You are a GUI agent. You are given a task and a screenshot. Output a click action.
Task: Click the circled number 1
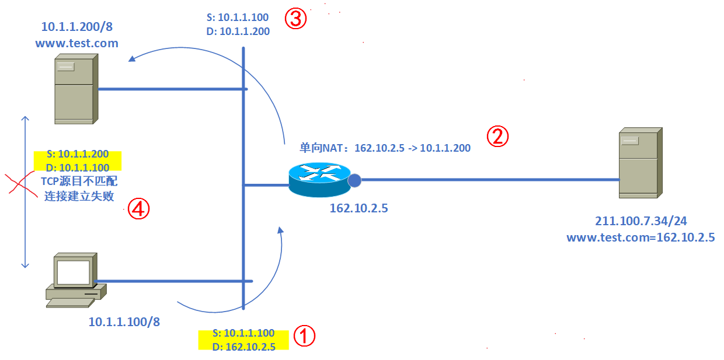tap(304, 336)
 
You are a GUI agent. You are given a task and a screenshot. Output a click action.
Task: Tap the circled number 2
tap(498, 137)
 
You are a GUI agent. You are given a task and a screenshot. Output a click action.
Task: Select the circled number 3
tap(295, 19)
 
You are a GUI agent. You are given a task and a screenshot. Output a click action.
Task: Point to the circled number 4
tap(138, 209)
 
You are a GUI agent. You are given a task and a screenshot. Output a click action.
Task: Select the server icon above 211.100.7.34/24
tap(640, 163)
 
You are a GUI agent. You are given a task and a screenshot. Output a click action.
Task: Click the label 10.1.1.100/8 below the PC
tap(124, 321)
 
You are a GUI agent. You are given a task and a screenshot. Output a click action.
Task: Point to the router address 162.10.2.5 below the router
tap(358, 208)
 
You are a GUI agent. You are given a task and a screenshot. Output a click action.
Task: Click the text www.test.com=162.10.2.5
tap(641, 237)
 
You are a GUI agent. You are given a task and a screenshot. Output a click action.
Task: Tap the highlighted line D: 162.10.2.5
tap(244, 347)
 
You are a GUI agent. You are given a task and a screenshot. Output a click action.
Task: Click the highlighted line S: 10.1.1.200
tap(78, 155)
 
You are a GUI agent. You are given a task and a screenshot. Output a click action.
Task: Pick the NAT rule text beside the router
tap(385, 148)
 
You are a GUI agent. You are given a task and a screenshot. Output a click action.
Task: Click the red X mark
tap(18, 182)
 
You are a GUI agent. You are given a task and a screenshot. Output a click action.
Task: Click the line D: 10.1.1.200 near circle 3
tap(238, 32)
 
